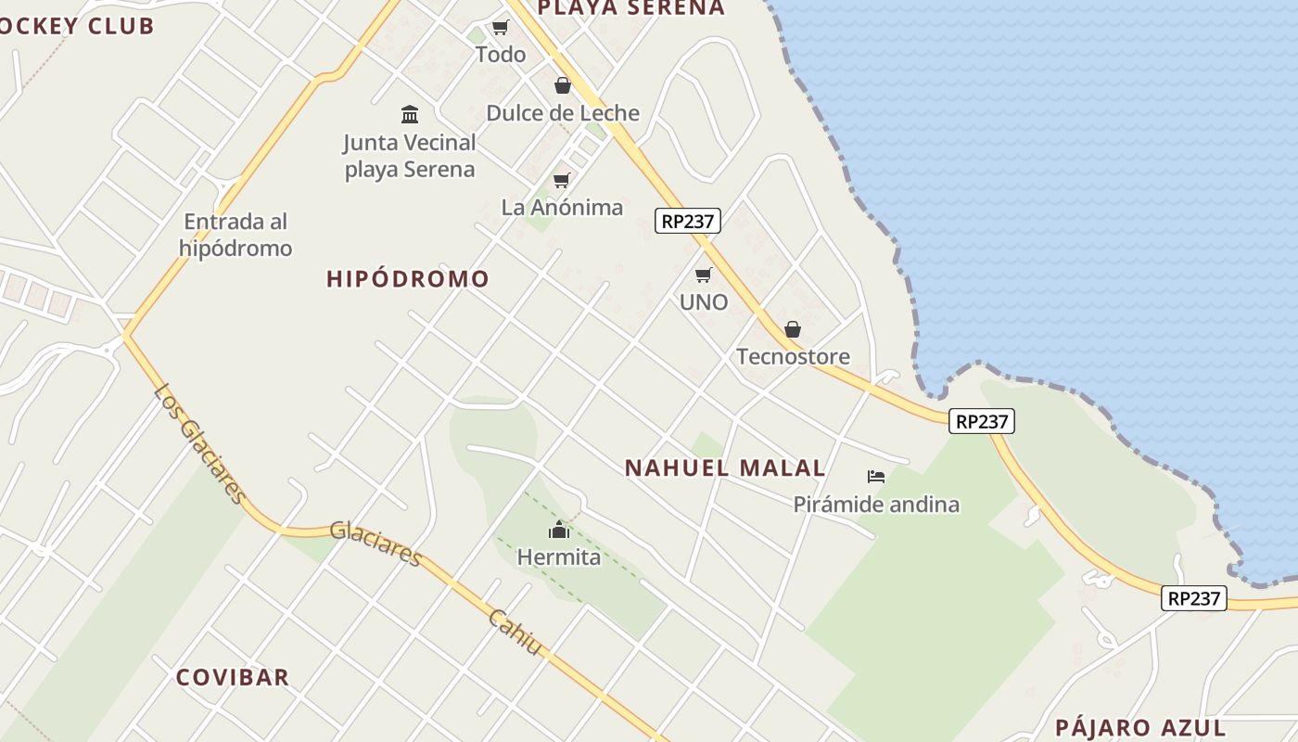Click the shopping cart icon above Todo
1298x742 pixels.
point(501,27)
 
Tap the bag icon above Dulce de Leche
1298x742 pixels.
point(563,85)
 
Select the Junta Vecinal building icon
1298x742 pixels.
point(410,114)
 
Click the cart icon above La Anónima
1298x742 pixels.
point(561,180)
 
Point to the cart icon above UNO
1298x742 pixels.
point(704,275)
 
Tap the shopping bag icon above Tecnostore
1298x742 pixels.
point(793,329)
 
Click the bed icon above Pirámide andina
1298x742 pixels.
point(876,477)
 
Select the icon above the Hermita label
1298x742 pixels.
point(559,530)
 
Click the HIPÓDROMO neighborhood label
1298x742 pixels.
point(408,279)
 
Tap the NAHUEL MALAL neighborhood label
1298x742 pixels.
point(725,468)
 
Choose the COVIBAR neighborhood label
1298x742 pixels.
point(233,677)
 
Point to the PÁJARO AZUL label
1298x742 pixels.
point(1140,728)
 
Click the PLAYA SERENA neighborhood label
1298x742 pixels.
point(630,8)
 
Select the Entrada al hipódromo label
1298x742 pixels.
point(235,235)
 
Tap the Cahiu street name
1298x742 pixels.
point(515,633)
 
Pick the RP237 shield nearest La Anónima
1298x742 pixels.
point(688,221)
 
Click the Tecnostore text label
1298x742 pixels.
point(793,357)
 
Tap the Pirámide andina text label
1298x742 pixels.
point(876,505)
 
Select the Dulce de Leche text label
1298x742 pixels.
point(563,113)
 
